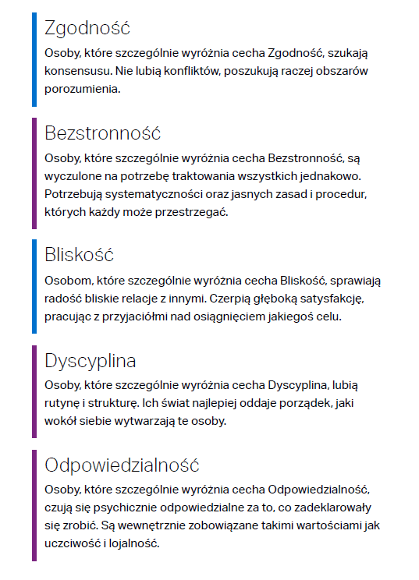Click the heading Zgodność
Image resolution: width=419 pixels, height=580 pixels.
87,28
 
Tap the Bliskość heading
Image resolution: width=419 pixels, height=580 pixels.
80,254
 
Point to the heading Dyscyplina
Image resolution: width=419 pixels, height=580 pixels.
91,361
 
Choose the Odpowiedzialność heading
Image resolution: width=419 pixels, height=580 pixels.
123,465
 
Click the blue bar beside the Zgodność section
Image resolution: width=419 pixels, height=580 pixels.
34,59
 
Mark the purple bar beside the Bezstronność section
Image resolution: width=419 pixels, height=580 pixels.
34,172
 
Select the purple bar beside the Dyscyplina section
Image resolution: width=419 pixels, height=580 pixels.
34,391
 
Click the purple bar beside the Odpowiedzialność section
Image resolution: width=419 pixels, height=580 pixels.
34,504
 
